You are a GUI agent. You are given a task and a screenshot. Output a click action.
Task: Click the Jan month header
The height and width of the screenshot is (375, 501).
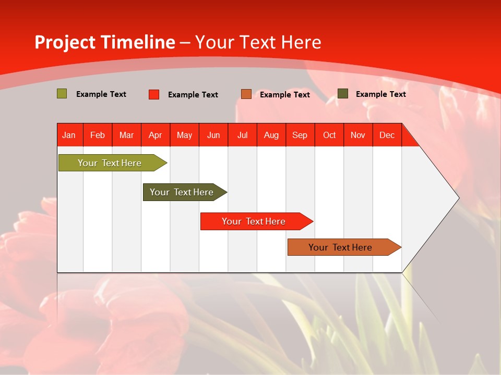point(69,135)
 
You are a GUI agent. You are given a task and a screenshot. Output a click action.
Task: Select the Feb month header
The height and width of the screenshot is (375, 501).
point(98,135)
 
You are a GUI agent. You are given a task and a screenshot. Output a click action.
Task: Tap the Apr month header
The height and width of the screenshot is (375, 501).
point(156,135)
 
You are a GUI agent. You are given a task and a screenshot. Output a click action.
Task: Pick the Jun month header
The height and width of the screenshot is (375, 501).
point(213,135)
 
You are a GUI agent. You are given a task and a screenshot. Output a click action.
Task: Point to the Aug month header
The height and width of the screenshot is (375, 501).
point(271,135)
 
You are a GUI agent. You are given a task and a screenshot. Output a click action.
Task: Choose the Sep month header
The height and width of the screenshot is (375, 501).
point(300,135)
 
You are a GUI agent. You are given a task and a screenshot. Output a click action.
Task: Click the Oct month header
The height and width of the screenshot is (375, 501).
point(329,135)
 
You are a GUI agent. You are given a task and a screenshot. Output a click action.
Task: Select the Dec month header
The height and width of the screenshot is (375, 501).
point(387,135)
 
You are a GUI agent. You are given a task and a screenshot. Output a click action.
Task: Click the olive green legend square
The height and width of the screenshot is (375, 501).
point(62,94)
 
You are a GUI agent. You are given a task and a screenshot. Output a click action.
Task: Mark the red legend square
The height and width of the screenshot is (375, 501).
point(154,94)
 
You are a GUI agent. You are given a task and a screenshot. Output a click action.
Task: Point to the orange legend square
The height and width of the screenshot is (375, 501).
point(246,94)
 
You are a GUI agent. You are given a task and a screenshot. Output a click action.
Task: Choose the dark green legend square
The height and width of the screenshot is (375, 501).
point(343,94)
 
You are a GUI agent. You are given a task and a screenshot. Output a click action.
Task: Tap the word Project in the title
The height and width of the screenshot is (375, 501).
point(65,42)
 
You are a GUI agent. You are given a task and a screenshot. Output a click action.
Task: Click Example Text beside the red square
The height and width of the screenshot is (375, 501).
point(193,95)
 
